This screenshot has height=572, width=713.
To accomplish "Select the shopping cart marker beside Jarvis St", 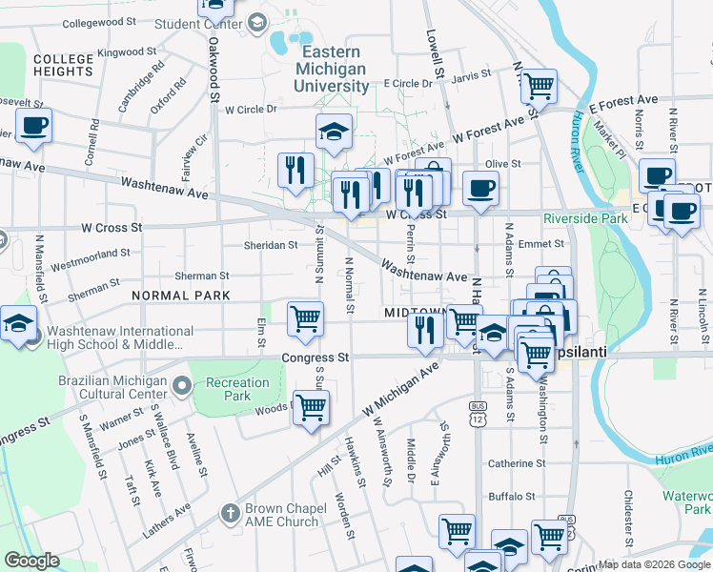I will click(x=539, y=86).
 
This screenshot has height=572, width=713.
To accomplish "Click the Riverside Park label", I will click(x=585, y=218).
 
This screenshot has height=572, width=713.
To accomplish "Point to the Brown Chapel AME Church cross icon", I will click(x=229, y=514).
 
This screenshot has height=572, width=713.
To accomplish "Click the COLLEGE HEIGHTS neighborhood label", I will click(x=63, y=66).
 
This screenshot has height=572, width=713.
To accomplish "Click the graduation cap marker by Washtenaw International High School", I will click(x=17, y=324).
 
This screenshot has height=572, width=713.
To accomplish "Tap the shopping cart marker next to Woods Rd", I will click(x=311, y=408).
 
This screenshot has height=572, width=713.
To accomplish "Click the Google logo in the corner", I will click(x=31, y=561).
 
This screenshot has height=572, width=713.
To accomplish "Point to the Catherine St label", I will click(x=516, y=463).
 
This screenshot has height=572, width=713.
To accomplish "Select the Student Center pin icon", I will click(x=256, y=23).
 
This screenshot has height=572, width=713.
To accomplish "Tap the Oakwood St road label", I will click(x=215, y=71).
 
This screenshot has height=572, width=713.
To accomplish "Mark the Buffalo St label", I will click(x=512, y=497).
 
